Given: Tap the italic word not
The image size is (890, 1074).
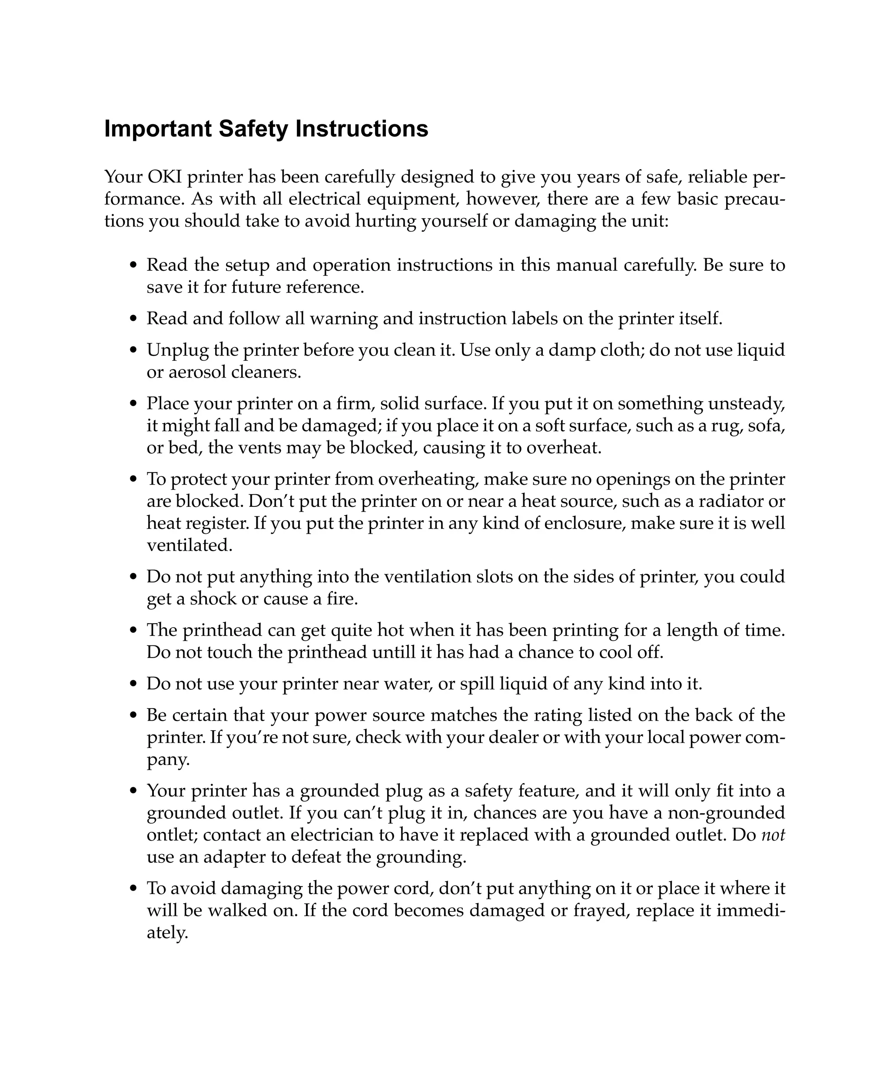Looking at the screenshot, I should point(773,835).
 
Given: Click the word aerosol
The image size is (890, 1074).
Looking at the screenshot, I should point(197,372).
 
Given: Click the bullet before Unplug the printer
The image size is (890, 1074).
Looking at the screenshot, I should point(134,351).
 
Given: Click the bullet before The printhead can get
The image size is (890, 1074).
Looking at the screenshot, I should point(134,631).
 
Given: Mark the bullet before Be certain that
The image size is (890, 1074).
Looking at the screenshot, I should point(134,715).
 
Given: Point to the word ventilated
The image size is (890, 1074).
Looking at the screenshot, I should point(189,545).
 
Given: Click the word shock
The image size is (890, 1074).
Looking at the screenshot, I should point(213,599).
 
